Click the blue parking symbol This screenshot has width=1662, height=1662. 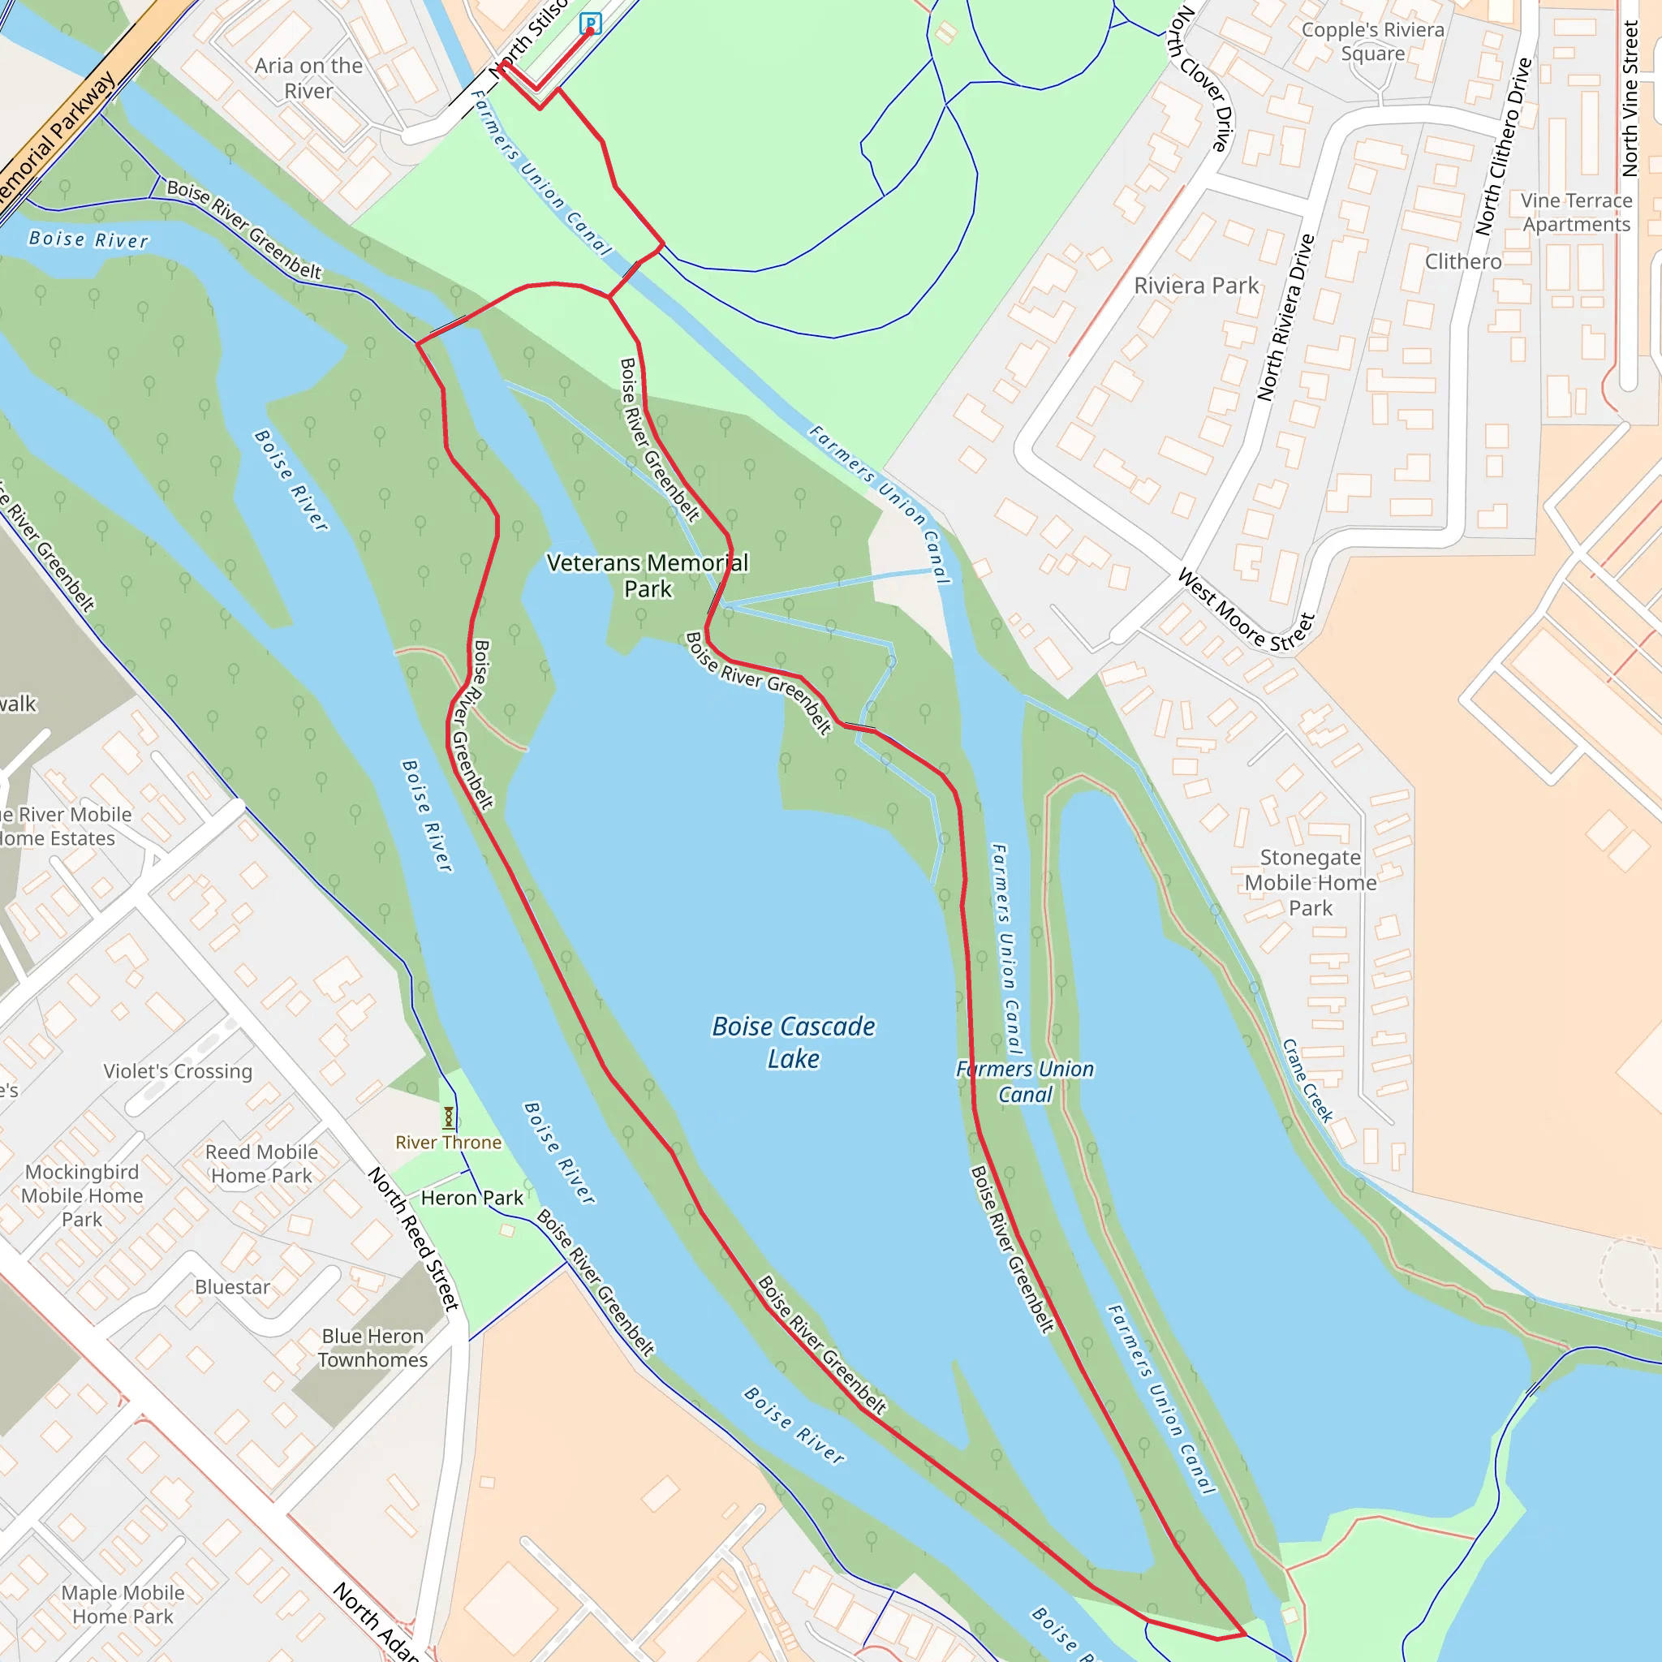(x=590, y=24)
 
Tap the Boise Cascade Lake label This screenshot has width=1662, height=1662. (x=793, y=1042)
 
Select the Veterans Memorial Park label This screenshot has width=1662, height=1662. (x=648, y=575)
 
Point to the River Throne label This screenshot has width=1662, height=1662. (x=448, y=1143)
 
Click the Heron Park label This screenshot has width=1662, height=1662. (x=471, y=1198)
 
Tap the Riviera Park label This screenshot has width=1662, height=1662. (x=1195, y=286)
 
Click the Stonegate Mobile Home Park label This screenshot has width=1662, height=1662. (x=1310, y=883)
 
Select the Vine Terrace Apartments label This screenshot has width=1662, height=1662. (x=1576, y=213)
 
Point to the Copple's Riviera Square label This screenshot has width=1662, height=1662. (x=1373, y=41)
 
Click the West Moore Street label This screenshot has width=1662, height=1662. (x=1246, y=612)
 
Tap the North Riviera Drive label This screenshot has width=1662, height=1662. (x=1286, y=317)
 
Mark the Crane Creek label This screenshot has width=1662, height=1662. (x=1307, y=1080)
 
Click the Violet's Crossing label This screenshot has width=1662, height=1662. (x=178, y=1071)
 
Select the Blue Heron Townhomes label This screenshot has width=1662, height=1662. (x=372, y=1348)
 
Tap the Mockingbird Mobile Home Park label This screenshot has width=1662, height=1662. (x=83, y=1195)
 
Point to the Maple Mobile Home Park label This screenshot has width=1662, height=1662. (x=123, y=1604)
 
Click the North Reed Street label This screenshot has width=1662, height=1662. (x=414, y=1238)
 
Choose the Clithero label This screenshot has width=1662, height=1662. (x=1463, y=261)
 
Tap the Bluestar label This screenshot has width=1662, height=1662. (x=232, y=1287)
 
